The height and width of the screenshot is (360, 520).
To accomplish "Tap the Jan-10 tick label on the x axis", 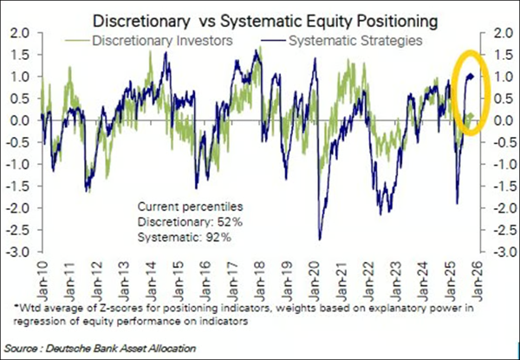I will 42,272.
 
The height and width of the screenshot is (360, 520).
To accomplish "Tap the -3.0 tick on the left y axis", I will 16,252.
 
